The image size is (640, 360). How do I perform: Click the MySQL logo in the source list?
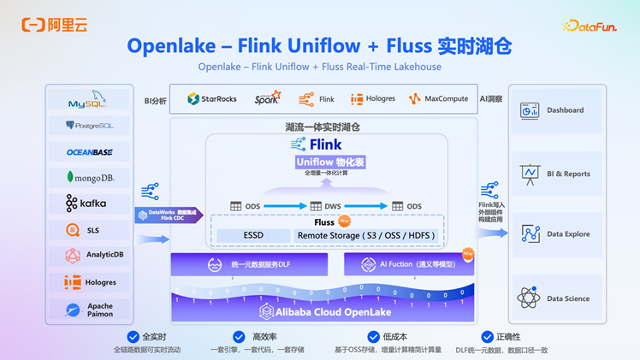click(x=89, y=102)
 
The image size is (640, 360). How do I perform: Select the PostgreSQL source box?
click(x=89, y=126)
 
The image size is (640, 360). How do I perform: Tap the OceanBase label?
click(x=89, y=152)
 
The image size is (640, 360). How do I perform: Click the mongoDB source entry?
click(x=89, y=178)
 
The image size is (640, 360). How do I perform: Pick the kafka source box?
click(x=89, y=204)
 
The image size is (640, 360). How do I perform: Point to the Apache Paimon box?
click(x=89, y=309)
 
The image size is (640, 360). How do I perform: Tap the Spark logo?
click(x=268, y=99)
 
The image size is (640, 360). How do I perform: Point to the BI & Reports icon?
click(x=530, y=174)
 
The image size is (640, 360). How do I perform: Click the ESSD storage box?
click(x=253, y=235)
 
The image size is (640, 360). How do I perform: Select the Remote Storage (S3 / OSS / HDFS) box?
click(x=365, y=235)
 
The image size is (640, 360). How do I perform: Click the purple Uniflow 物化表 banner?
click(x=330, y=162)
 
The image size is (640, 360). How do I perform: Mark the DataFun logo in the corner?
click(x=590, y=27)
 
